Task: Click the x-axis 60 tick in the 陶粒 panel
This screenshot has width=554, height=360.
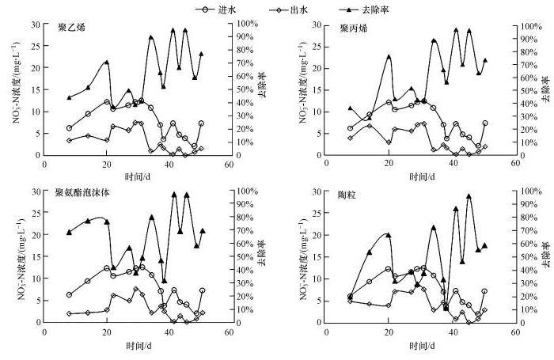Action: click(516, 332)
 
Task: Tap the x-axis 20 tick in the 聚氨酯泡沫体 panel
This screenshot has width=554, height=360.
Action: click(107, 332)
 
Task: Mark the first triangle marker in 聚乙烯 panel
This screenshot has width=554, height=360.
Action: click(70, 97)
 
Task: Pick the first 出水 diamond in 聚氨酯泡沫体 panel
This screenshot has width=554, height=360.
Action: click(70, 313)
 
